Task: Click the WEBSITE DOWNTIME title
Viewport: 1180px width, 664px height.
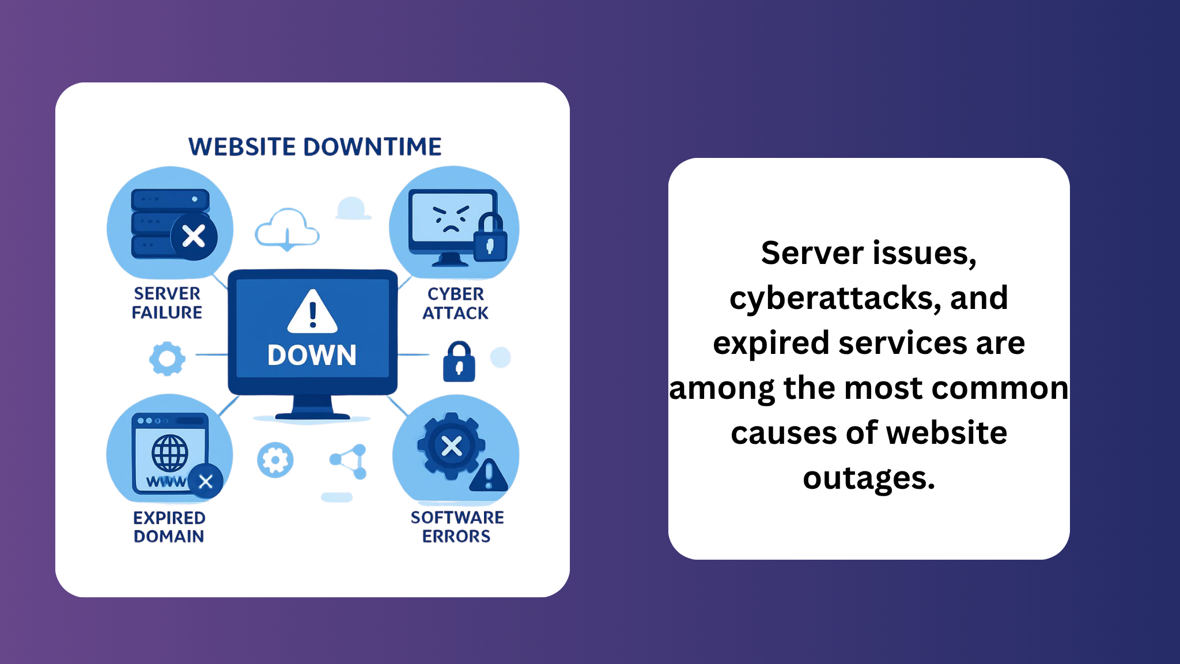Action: click(x=315, y=147)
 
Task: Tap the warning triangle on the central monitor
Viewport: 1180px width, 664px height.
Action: click(x=312, y=312)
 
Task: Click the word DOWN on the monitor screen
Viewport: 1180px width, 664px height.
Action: click(x=312, y=355)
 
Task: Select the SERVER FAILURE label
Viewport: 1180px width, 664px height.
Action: click(x=167, y=303)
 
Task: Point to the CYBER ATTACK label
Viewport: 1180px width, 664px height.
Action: click(x=455, y=304)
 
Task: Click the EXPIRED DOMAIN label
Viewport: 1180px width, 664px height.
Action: click(x=169, y=527)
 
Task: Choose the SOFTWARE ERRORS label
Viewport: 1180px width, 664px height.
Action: click(x=457, y=527)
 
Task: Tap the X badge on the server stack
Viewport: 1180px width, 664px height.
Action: click(x=194, y=236)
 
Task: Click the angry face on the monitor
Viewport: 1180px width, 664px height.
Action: click(x=451, y=218)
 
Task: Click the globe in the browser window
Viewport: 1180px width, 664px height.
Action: click(x=169, y=453)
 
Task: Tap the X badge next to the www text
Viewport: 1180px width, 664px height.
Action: click(x=206, y=481)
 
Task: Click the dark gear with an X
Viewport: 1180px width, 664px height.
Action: click(x=451, y=446)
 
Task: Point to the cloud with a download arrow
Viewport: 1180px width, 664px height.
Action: click(x=287, y=229)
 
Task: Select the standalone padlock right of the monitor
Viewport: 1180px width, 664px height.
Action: click(x=459, y=361)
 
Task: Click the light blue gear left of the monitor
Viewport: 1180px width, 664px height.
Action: click(x=167, y=359)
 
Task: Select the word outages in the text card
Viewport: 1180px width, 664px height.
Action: click(x=868, y=478)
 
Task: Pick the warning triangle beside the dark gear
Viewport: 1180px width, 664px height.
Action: click(x=489, y=476)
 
